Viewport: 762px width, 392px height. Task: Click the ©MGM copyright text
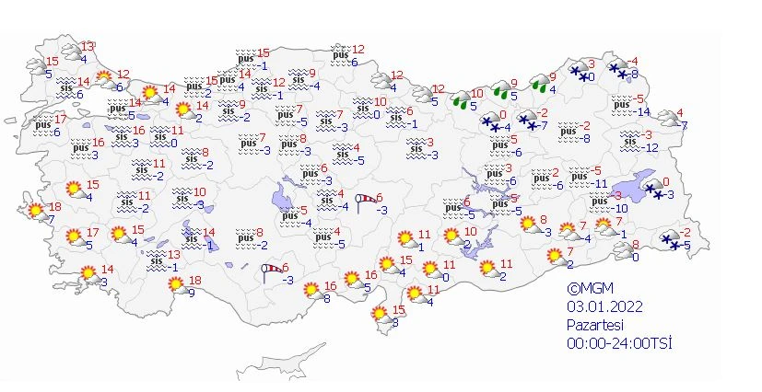pos(591,289)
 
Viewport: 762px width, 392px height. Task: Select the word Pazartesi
pos(596,325)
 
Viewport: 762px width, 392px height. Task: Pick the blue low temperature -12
pos(650,147)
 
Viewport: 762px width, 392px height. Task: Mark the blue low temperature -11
pos(597,184)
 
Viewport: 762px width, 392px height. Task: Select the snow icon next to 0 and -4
pos(488,122)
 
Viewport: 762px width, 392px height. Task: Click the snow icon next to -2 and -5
pos(670,240)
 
